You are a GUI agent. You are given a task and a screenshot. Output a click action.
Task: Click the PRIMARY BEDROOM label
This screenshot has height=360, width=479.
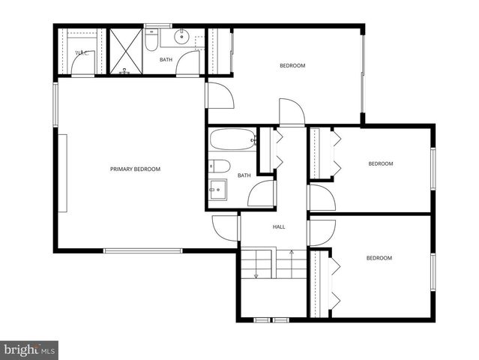135,169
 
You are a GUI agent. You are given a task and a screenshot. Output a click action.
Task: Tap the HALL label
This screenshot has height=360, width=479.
278,226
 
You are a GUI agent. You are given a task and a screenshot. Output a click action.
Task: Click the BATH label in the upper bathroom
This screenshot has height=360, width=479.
166,59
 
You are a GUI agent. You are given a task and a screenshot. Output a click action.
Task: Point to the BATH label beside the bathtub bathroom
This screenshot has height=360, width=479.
244,175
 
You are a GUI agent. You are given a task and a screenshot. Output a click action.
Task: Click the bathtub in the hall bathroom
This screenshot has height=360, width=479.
232,139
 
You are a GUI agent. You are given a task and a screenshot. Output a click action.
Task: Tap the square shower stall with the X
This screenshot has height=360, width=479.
125,51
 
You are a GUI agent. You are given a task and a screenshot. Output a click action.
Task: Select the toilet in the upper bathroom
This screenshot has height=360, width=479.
151,41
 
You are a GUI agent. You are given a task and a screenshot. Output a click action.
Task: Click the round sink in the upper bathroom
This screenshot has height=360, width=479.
182,37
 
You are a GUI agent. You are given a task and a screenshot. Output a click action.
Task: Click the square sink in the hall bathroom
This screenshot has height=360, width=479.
219,189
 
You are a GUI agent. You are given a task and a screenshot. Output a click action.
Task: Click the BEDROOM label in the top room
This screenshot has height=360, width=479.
292,66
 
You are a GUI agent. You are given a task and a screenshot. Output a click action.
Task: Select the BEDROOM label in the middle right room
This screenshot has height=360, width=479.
380,163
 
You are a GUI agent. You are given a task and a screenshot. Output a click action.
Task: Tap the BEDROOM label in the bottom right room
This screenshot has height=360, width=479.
379,259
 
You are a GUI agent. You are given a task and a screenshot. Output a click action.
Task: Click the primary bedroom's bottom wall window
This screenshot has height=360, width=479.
142,250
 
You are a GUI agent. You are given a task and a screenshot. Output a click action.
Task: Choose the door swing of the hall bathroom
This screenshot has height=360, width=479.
262,193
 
